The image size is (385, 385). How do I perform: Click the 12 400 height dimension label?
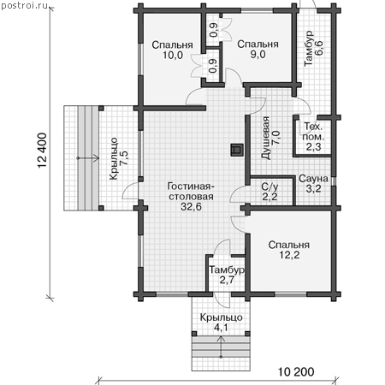tap(42, 151)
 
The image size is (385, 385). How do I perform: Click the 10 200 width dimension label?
tap(296, 371)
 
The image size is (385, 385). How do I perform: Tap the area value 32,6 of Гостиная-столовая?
tap(191, 207)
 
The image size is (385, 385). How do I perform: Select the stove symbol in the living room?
tap(237, 150)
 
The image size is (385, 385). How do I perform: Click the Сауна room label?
tap(313, 179)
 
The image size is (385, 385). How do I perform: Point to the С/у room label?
tap(269, 187)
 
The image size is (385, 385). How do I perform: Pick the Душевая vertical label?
tap(266, 138)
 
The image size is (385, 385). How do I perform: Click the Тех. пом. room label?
tap(313, 132)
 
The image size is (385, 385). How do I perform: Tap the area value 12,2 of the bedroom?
tap(289, 255)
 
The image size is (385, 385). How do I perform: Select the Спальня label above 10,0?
tap(172, 44)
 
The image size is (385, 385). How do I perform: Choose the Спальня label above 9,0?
tap(258, 44)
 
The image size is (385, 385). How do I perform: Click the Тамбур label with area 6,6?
tap(309, 49)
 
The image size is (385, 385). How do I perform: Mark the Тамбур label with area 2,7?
tap(227, 269)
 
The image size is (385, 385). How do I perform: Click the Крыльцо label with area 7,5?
tap(114, 158)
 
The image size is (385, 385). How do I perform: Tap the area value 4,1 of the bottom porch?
tap(221, 328)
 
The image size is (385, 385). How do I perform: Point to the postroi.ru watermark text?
tap(25, 6)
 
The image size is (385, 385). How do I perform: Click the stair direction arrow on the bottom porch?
tap(221, 347)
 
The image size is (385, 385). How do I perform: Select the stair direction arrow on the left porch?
tap(88, 158)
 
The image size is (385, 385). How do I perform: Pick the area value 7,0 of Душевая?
tap(276, 138)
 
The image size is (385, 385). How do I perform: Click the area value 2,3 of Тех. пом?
tap(314, 146)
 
